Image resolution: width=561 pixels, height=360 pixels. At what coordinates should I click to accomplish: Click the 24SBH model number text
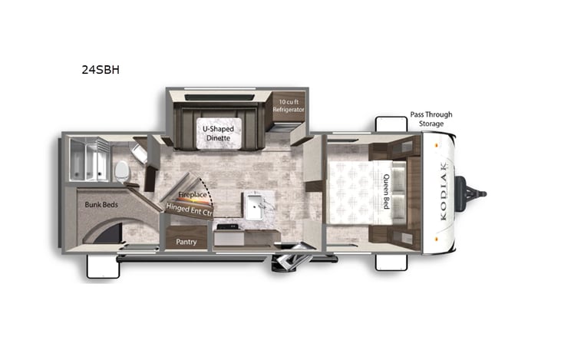pyautogui.click(x=100, y=69)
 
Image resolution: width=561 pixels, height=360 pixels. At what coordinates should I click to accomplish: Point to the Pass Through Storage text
pyautogui.click(x=431, y=119)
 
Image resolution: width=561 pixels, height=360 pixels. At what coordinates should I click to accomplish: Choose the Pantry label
pyautogui.click(x=186, y=242)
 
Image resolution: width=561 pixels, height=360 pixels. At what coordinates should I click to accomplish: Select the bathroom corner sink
pyautogui.click(x=140, y=152)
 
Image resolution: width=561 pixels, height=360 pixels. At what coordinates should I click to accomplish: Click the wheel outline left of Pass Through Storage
pyautogui.click(x=391, y=124)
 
